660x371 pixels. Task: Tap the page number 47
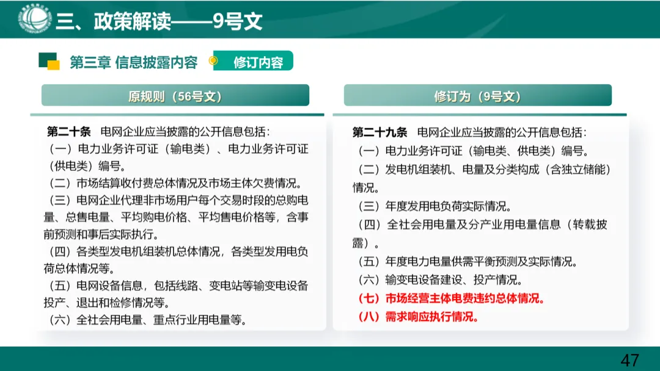pyautogui.click(x=629, y=359)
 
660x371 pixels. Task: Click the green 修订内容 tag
pyautogui.click(x=257, y=62)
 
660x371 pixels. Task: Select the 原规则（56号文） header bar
pyautogui.click(x=175, y=96)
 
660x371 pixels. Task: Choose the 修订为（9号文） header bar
pyautogui.click(x=477, y=96)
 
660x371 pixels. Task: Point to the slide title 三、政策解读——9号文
pyautogui.click(x=159, y=21)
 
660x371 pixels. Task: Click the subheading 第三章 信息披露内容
pyautogui.click(x=133, y=62)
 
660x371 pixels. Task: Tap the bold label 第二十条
pyautogui.click(x=68, y=131)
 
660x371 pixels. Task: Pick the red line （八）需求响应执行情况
pyautogui.click(x=417, y=317)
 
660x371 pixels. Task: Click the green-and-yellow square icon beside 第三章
pyautogui.click(x=49, y=61)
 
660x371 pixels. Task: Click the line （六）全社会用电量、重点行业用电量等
pyautogui.click(x=147, y=320)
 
